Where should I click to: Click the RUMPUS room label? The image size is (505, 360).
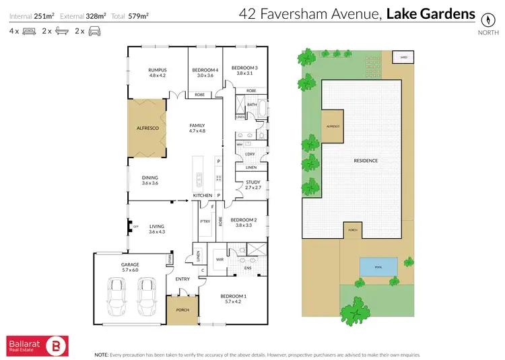point(157,70)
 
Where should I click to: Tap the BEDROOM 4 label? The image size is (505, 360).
point(205,70)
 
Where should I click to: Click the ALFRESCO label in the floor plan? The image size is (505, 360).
point(147,127)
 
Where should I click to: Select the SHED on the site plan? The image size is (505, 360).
point(403,57)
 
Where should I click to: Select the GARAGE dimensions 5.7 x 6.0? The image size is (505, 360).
point(129,271)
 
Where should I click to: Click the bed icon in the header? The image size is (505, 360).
point(29,31)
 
